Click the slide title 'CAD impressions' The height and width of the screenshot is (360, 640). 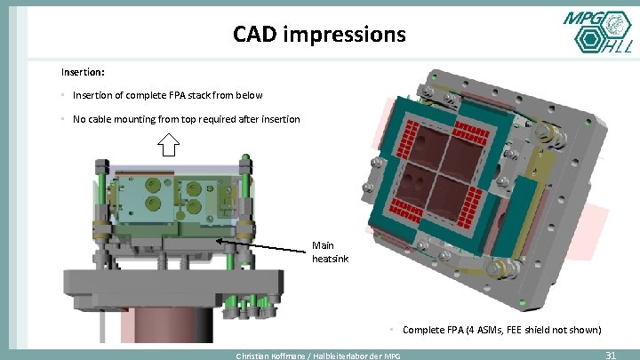pos(319,35)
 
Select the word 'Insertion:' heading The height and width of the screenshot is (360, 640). pos(83,70)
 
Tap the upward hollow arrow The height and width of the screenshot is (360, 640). pos(168,143)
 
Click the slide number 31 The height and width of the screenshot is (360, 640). pos(610,355)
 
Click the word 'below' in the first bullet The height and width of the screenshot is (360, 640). pos(248,95)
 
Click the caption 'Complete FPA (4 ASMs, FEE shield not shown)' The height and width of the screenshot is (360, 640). pos(501,330)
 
